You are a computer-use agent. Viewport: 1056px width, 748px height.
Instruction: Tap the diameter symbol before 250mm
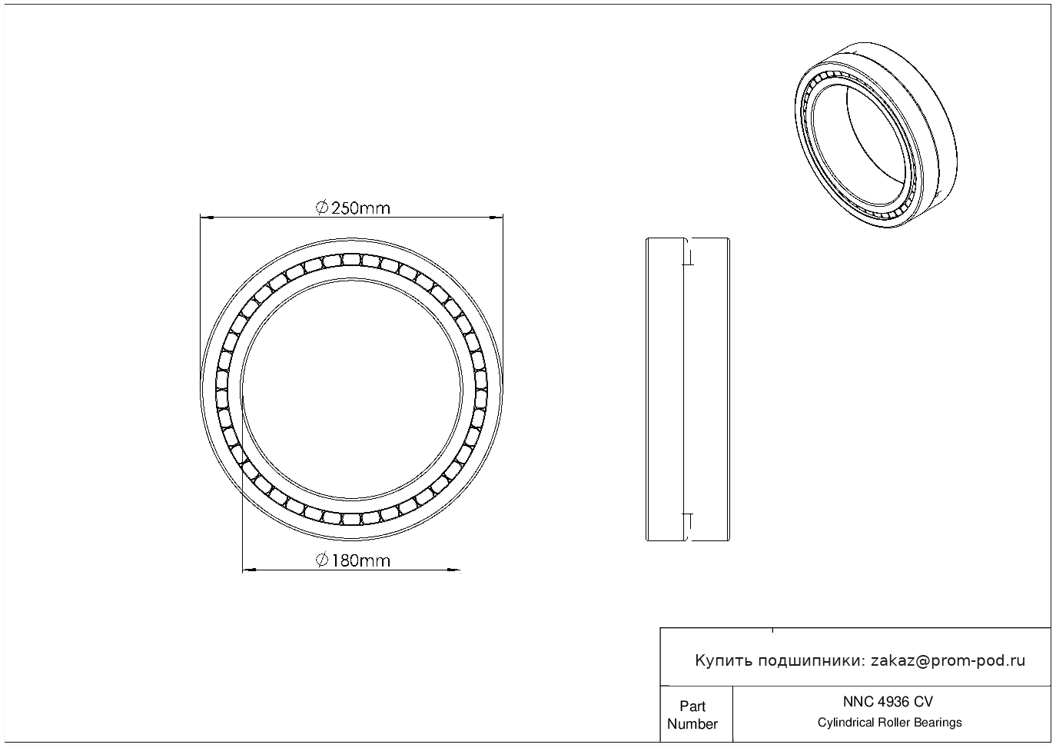pos(321,208)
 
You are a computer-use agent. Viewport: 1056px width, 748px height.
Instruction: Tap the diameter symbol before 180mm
pos(321,560)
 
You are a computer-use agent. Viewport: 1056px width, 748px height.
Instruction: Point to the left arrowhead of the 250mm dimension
pos(208,218)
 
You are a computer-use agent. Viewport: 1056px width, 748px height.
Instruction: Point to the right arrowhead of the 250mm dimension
pos(496,218)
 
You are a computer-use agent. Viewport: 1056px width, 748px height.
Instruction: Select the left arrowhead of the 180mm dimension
pos(249,570)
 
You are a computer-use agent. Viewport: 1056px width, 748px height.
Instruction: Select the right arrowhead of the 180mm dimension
pos(453,570)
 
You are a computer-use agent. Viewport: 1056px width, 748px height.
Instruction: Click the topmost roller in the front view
pos(351,259)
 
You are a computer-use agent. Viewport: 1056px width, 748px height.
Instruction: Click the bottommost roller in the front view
pos(351,519)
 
